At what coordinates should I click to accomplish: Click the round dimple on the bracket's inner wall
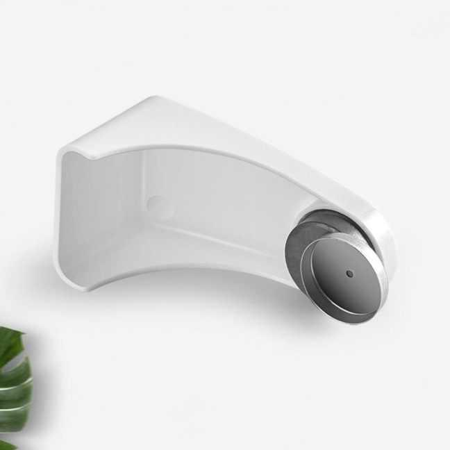[158, 205]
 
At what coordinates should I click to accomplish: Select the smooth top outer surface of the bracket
[208, 132]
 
